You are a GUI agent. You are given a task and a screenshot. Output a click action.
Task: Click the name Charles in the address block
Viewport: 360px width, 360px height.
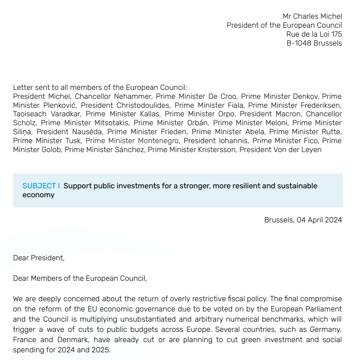point(306,16)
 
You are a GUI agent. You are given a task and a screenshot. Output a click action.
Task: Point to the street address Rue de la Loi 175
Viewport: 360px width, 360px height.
point(314,34)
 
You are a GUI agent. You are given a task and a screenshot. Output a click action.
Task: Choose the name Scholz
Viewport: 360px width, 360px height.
point(25,123)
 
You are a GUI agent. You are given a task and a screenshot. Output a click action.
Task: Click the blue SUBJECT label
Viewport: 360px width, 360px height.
point(39,186)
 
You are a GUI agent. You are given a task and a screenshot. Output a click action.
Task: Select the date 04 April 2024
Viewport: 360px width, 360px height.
point(319,220)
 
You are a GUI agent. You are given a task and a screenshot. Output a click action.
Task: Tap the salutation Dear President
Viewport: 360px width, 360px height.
point(39,258)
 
